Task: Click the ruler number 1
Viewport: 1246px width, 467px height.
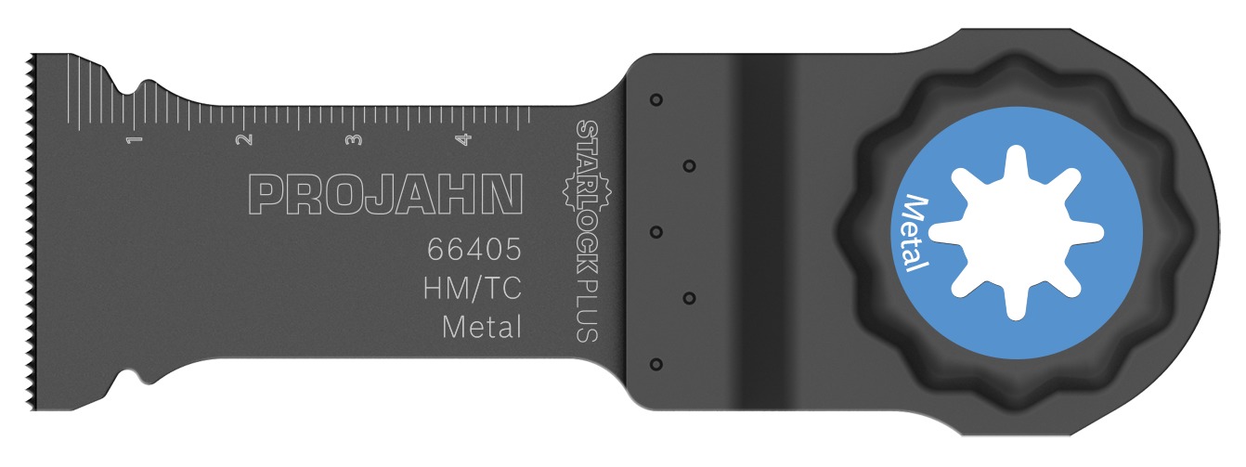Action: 136,139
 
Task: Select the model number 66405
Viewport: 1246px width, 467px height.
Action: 474,251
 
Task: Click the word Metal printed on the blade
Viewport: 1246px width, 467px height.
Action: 480,327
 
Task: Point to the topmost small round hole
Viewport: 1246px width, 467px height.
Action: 655,98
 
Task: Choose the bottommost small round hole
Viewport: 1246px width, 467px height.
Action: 655,364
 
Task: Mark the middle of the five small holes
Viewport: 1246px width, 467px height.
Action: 655,231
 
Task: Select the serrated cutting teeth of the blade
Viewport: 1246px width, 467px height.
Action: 31,232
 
